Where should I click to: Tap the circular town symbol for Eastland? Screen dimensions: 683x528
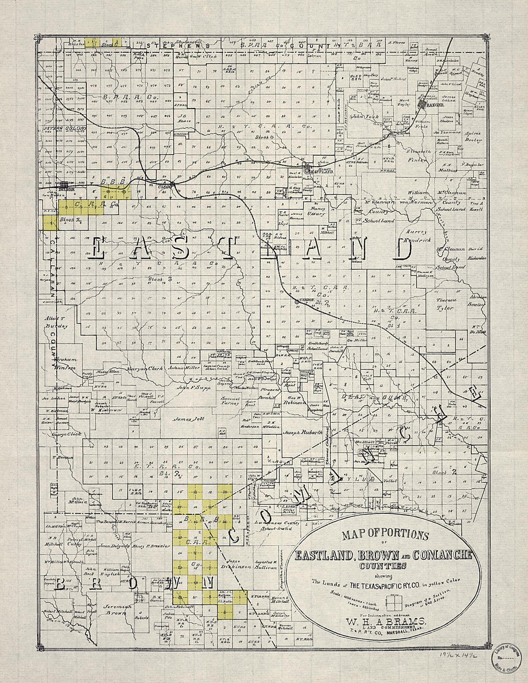[307, 171]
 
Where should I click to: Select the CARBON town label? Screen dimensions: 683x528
[307, 300]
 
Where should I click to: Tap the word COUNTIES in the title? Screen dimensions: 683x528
[383, 566]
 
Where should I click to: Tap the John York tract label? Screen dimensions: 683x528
[364, 116]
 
